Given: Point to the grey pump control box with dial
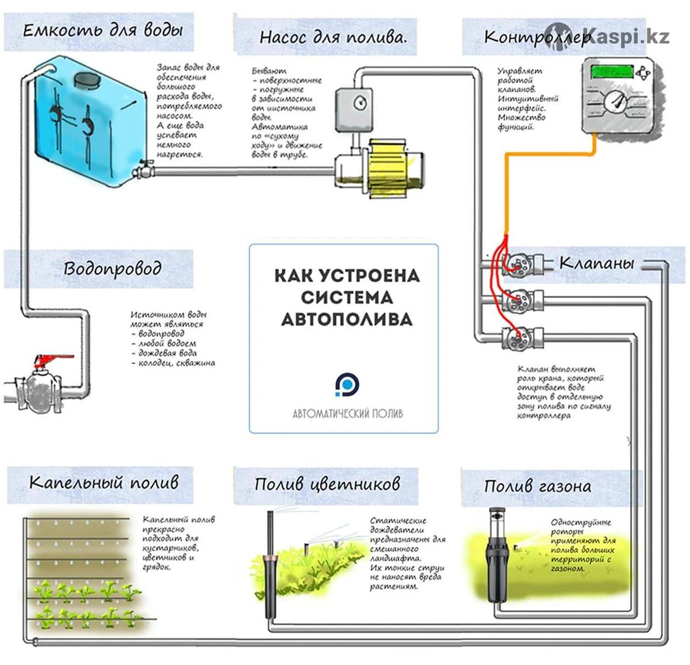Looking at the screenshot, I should [355, 108].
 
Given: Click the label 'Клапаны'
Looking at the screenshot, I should [596, 263].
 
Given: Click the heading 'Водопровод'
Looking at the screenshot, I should [112, 269].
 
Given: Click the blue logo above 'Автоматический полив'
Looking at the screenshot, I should [347, 384].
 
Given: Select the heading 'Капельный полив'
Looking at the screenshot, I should [103, 482].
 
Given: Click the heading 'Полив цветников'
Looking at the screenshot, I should [327, 483].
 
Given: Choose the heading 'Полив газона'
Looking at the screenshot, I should [537, 486].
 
